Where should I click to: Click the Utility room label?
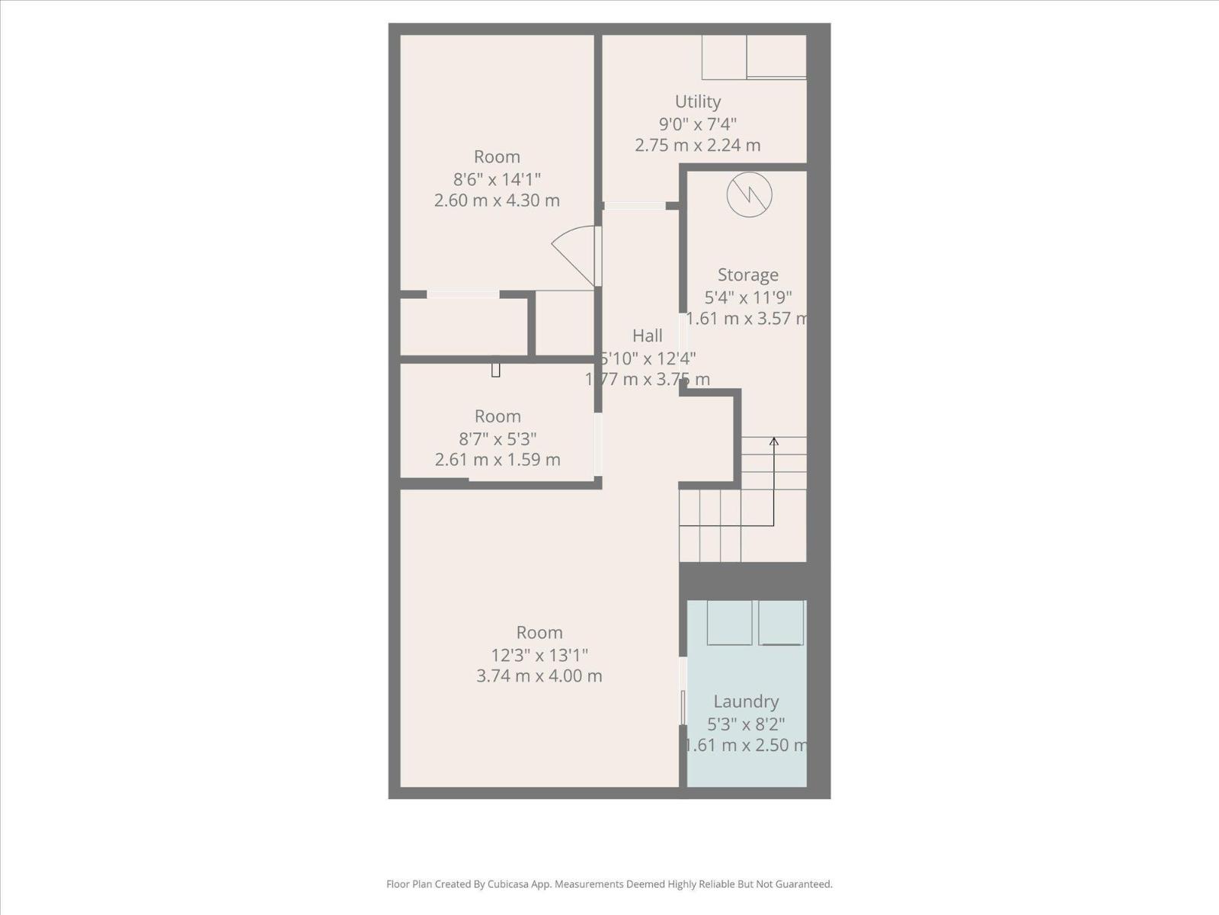coord(697,101)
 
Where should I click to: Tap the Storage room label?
coord(747,274)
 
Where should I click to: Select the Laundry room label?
coord(745,701)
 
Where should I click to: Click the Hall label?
coord(647,335)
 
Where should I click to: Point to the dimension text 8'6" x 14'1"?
coord(497,179)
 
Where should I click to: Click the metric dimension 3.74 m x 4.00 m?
coord(539,676)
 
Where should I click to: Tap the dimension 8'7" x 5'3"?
coord(497,439)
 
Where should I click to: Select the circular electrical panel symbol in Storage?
coord(749,194)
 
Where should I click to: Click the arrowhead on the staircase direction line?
coord(774,441)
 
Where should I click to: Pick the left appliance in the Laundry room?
coord(729,622)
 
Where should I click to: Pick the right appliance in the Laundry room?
coord(781,622)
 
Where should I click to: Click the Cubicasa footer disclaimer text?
coord(609,884)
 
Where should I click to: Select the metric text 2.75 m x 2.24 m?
coord(697,145)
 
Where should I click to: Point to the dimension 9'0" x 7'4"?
coord(697,124)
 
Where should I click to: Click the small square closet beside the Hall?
coord(565,323)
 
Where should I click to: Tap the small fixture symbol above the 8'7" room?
coord(495,370)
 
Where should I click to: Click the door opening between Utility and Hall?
coord(634,205)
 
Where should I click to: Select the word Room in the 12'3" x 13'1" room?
coord(539,632)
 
